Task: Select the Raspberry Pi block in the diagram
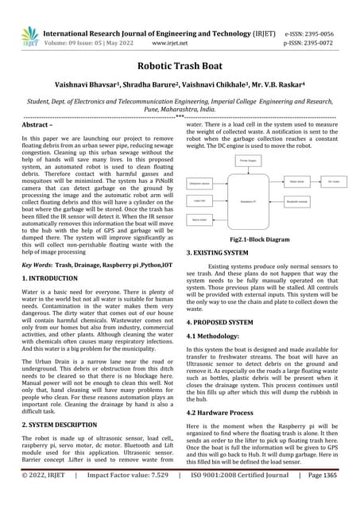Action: pos(242,181)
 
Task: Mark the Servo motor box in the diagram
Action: pos(200,218)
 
